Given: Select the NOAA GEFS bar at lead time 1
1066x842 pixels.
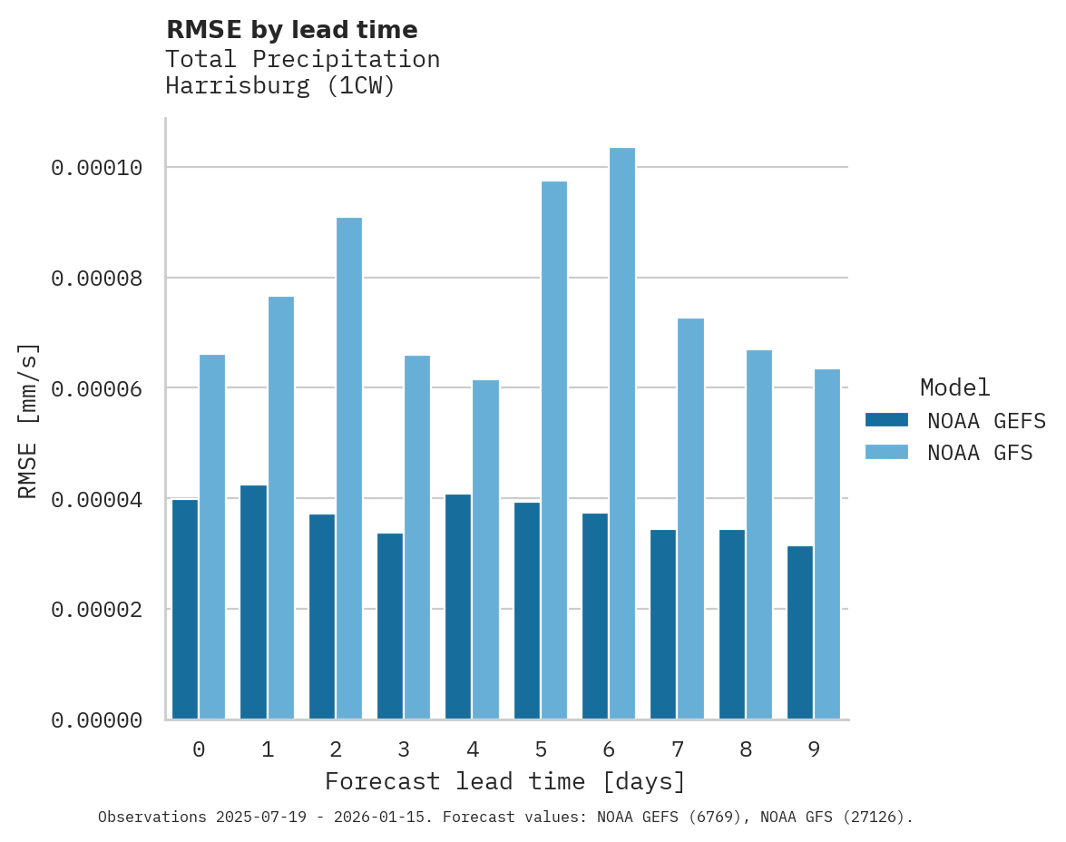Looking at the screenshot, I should pyautogui.click(x=254, y=602).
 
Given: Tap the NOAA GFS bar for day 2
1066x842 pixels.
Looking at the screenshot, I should pyautogui.click(x=349, y=468).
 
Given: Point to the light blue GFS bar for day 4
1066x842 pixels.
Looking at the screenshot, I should pyautogui.click(x=485, y=550).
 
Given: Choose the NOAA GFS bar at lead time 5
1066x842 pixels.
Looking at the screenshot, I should pyautogui.click(x=553, y=450).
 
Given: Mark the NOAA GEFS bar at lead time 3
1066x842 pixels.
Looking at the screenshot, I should pyautogui.click(x=390, y=626).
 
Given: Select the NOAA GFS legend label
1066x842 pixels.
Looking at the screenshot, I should pyautogui.click(x=980, y=452).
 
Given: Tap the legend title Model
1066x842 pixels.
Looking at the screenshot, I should pyautogui.click(x=954, y=387).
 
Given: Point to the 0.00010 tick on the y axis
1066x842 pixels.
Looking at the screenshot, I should pyautogui.click(x=97, y=168).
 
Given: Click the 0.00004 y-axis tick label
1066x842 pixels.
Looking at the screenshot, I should pyautogui.click(x=97, y=499).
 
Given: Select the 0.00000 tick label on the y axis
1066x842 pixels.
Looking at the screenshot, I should pyautogui.click(x=97, y=720).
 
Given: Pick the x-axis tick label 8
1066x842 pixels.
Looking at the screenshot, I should pyautogui.click(x=745, y=749).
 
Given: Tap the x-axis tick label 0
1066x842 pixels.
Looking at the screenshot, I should pyautogui.click(x=199, y=749).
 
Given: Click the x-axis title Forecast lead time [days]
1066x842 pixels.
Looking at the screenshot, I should pyautogui.click(x=505, y=781).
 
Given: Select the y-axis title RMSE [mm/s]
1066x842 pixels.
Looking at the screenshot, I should pyautogui.click(x=29, y=420).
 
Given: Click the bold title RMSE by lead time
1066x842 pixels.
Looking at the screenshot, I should pyautogui.click(x=292, y=30).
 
